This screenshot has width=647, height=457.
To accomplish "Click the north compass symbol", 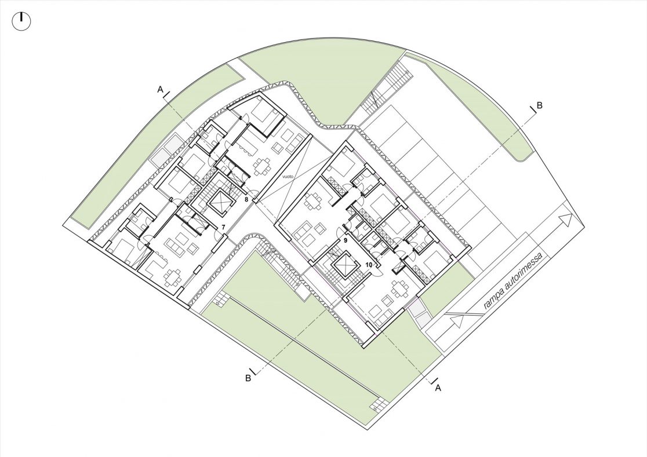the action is tap(21, 21).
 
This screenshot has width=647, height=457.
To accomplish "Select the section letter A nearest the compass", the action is tap(160, 89).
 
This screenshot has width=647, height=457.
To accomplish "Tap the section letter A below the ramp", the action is tap(438, 387).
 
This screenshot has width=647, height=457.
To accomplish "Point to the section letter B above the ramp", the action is tap(539, 105).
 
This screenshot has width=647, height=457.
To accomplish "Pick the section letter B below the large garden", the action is tap(248, 378).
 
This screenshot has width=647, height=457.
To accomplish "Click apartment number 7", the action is tap(223, 227).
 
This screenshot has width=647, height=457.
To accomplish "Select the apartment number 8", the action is tap(246, 200).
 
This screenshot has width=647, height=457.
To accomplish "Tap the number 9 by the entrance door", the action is tap(346, 239).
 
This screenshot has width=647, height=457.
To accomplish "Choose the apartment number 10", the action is tap(369, 265).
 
